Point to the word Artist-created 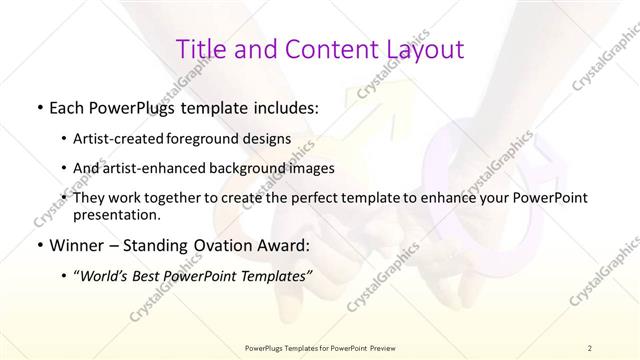(127, 138)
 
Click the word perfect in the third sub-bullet (310, 198)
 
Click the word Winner (76, 244)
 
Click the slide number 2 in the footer (591, 347)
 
